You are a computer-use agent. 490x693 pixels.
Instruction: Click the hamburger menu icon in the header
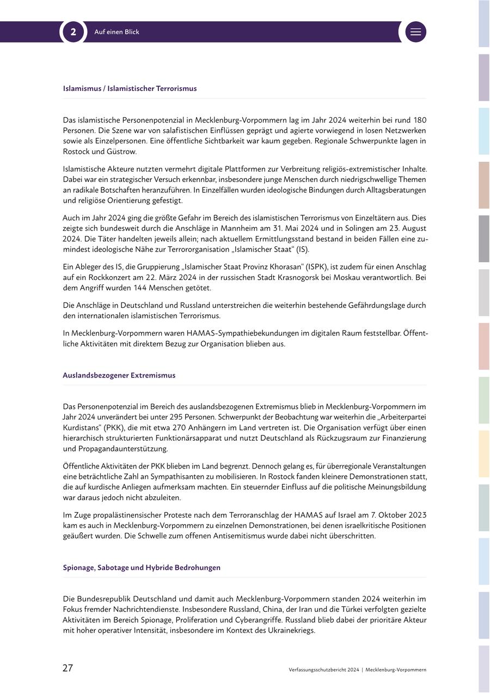[415, 32]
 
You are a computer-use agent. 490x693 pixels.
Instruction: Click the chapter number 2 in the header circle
[73, 32]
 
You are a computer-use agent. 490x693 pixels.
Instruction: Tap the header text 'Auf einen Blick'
[117, 32]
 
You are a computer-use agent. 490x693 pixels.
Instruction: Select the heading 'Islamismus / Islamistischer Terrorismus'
[130, 88]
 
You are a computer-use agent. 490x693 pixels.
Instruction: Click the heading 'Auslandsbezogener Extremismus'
[119, 375]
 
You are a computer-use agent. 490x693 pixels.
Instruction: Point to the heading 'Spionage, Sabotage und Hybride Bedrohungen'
[142, 568]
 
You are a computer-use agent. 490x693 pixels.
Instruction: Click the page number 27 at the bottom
[68, 668]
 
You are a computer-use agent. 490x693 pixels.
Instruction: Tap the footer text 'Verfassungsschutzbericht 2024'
[324, 670]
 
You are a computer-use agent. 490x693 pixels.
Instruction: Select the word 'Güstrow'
[122, 151]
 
